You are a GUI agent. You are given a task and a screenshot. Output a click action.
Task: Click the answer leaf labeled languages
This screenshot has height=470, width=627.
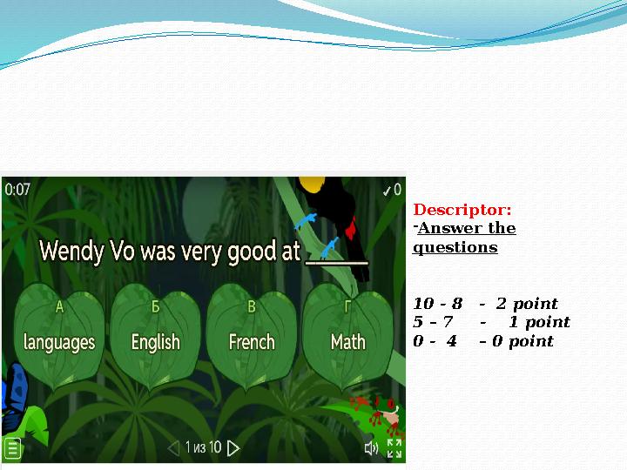pyautogui.click(x=59, y=335)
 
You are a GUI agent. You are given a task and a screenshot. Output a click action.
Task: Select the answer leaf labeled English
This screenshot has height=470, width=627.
pyautogui.click(x=155, y=335)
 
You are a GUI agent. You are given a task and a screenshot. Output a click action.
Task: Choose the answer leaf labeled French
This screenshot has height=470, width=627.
pyautogui.click(x=252, y=335)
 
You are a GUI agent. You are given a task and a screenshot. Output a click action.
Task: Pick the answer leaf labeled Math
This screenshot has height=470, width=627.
pyautogui.click(x=347, y=335)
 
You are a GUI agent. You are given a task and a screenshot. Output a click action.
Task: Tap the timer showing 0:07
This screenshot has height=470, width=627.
pyautogui.click(x=17, y=189)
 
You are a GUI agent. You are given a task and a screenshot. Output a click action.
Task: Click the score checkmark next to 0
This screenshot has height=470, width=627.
pyautogui.click(x=387, y=189)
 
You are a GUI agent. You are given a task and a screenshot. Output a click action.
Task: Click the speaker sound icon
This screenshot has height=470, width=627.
pyautogui.click(x=371, y=448)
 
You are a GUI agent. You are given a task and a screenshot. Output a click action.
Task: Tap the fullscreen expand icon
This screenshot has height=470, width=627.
pyautogui.click(x=394, y=448)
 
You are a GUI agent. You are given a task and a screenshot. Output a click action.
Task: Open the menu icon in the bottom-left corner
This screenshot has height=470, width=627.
pyautogui.click(x=12, y=449)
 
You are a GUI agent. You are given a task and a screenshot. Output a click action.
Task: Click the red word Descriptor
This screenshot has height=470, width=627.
pyautogui.click(x=462, y=210)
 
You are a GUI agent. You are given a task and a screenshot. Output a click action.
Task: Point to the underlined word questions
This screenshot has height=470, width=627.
pyautogui.click(x=455, y=247)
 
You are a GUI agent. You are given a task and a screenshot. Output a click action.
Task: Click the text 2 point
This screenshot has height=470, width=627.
pyautogui.click(x=527, y=304)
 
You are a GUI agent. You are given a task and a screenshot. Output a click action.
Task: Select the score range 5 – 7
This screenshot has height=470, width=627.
pyautogui.click(x=433, y=322)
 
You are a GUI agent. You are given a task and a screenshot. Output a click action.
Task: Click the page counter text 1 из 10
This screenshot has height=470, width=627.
pyautogui.click(x=203, y=448)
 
